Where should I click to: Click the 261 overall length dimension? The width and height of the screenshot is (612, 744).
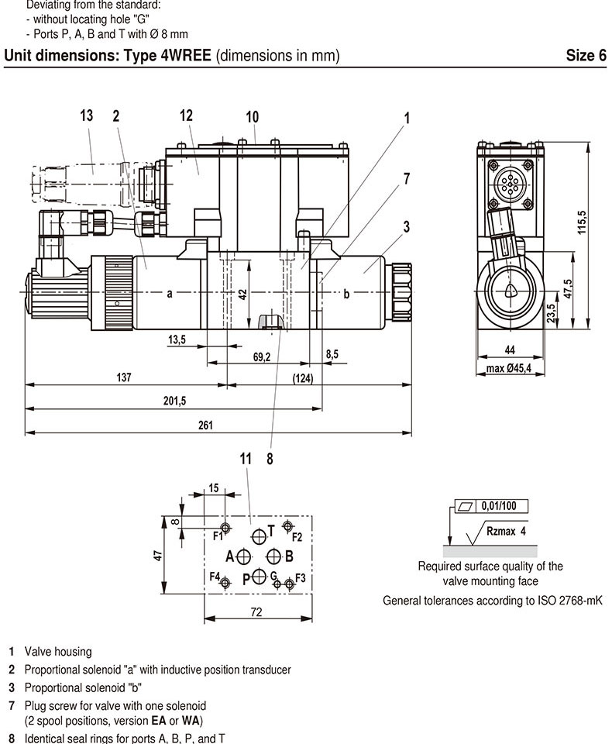pyautogui.click(x=205, y=425)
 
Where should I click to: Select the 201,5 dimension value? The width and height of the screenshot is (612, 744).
pyautogui.click(x=174, y=401)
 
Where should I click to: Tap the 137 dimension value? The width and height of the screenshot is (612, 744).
pyautogui.click(x=124, y=377)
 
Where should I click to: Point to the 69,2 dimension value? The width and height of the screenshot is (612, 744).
pyautogui.click(x=261, y=356)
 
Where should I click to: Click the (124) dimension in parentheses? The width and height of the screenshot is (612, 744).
pyautogui.click(x=303, y=378)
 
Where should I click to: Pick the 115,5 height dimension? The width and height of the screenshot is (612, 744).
pyautogui.click(x=582, y=222)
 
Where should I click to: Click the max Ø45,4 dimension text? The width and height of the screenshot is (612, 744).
pyautogui.click(x=508, y=368)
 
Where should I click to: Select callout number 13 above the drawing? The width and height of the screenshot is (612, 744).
pyautogui.click(x=86, y=115)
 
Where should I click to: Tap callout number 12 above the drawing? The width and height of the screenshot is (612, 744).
pyautogui.click(x=186, y=115)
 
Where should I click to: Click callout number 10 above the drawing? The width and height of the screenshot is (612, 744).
pyautogui.click(x=252, y=117)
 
